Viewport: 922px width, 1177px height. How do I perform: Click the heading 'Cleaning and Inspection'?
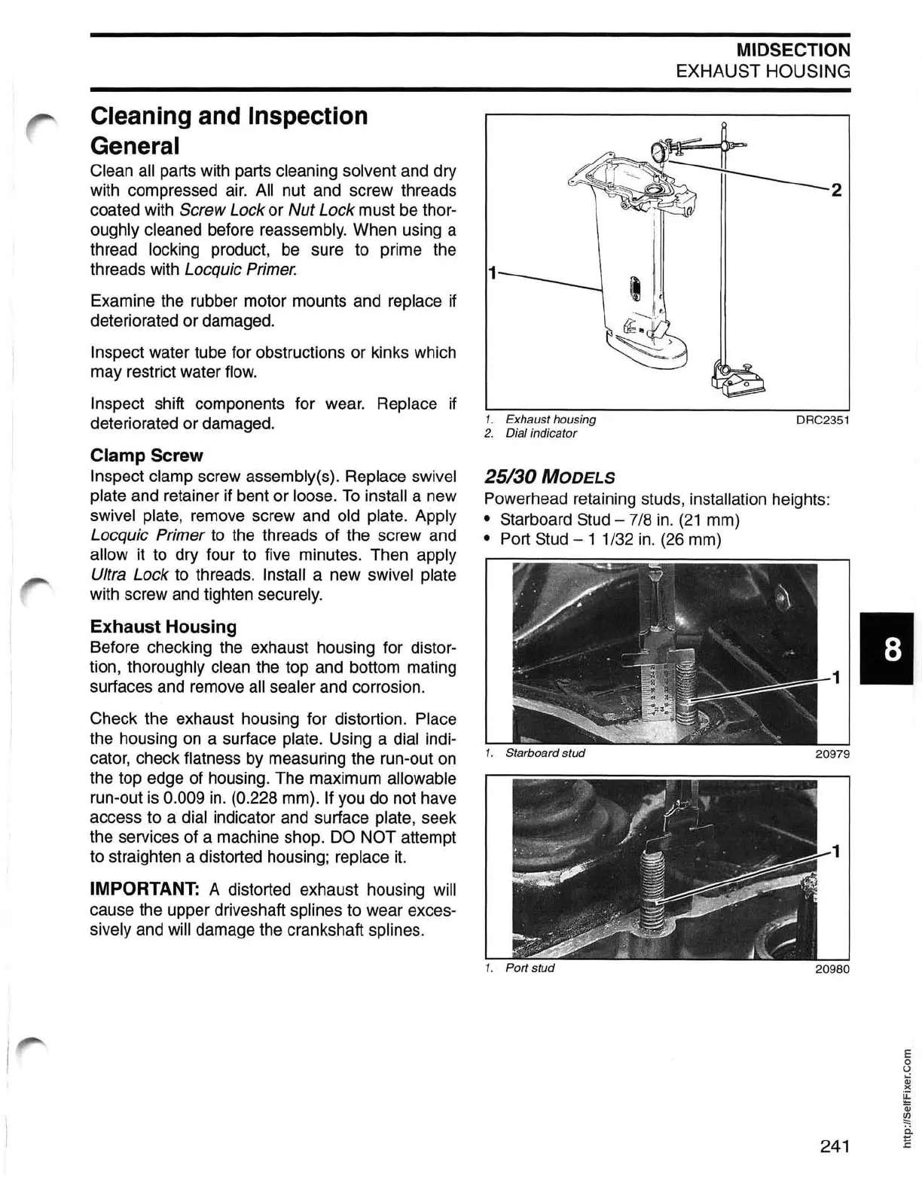click(229, 116)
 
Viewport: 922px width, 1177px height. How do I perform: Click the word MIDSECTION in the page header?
click(793, 50)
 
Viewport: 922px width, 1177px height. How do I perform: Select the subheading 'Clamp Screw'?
click(146, 456)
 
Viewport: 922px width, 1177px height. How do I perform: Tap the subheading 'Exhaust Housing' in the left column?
click(163, 627)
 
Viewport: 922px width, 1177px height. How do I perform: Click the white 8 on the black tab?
click(892, 648)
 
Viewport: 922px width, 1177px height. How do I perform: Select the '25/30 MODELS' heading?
click(549, 477)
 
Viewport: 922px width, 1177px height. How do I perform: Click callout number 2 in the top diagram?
click(835, 190)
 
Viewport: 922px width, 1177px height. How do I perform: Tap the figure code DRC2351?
click(823, 419)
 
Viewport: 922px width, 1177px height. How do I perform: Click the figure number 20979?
click(832, 753)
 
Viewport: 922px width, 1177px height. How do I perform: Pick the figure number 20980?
click(832, 968)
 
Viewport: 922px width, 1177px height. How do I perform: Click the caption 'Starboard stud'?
click(545, 753)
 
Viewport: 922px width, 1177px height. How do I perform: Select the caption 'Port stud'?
click(530, 968)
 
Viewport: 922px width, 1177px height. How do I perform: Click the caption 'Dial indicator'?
click(541, 433)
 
